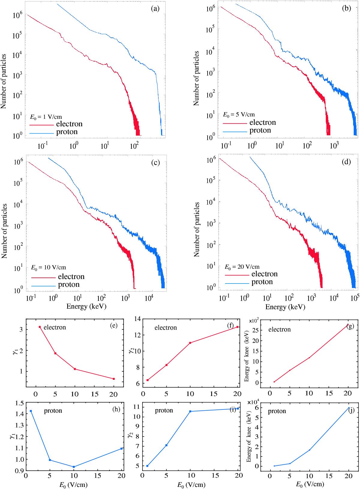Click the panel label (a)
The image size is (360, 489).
(155, 9)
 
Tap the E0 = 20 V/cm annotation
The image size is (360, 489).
(242, 267)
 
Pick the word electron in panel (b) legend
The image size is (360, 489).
(262, 122)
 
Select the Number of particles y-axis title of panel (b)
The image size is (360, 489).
(196, 78)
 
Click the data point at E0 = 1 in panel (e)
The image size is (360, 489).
(40, 327)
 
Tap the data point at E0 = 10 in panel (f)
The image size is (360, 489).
(190, 343)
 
